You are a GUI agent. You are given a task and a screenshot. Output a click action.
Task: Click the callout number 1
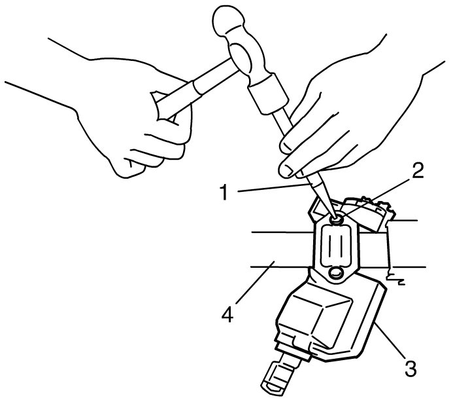tap(224, 192)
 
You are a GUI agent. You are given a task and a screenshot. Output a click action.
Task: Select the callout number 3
tap(411, 367)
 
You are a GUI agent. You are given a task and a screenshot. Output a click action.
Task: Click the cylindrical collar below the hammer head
tap(268, 94)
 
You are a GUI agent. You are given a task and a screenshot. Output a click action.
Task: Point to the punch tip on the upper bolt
tap(335, 217)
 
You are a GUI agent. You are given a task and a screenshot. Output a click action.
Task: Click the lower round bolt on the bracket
tap(335, 272)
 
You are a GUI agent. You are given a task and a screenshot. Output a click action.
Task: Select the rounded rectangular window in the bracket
tap(336, 246)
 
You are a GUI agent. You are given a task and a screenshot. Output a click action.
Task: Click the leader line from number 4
tap(254, 282)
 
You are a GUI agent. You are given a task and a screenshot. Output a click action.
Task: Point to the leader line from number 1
tap(273, 187)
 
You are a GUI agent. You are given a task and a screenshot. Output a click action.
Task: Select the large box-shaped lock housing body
tap(329, 318)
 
